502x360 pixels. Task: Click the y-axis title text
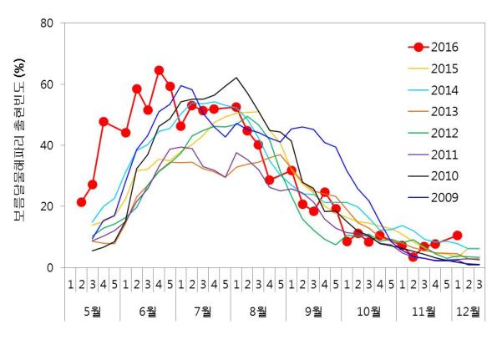coord(17,146)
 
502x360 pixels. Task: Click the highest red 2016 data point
coord(159,70)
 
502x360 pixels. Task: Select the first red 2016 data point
coord(81,202)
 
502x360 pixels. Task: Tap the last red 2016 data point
coord(457,236)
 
